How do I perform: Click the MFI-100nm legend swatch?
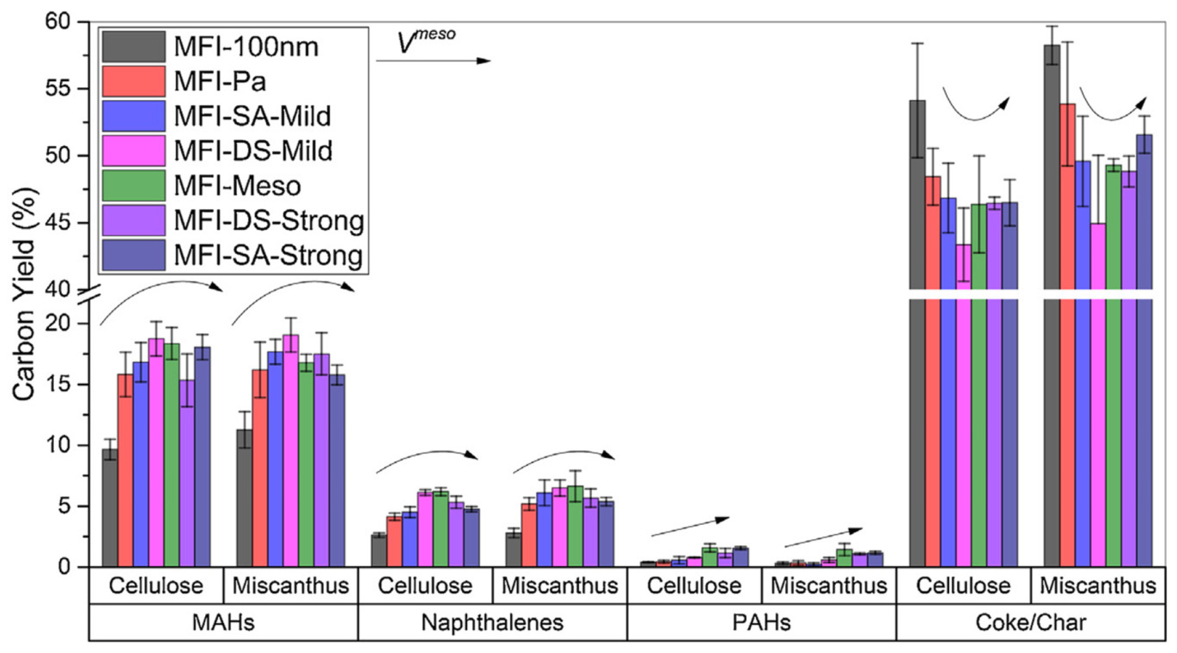133,46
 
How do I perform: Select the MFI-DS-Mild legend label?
253,151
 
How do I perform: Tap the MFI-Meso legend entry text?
237,186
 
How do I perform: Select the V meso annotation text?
426,41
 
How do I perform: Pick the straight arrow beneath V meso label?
433,61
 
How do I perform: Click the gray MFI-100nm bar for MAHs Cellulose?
110,508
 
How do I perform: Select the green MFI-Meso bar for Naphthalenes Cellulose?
441,528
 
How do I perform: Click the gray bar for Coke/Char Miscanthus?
1052,308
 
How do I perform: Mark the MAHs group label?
223,623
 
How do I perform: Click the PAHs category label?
761,623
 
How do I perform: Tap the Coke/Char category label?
1030,623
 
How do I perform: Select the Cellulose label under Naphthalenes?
425,586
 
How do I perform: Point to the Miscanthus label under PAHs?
828,586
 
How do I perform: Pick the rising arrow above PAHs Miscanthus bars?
823,537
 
